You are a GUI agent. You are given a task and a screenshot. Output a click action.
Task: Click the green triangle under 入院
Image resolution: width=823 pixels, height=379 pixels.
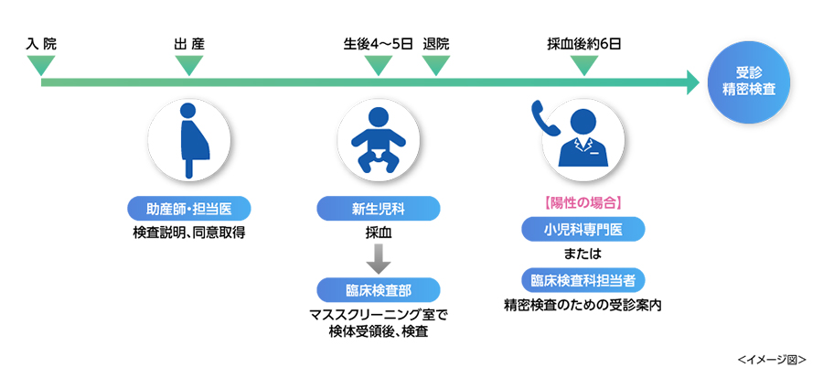(41, 66)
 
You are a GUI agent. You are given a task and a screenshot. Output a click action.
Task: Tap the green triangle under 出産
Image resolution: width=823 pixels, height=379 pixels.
(188, 66)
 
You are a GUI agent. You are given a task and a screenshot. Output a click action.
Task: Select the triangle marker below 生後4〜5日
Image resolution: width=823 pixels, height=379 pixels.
(378, 66)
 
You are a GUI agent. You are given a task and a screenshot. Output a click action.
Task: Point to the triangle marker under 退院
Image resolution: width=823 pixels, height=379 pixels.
(436, 66)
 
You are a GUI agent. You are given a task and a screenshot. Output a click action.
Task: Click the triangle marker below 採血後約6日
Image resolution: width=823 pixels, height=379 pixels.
(583, 66)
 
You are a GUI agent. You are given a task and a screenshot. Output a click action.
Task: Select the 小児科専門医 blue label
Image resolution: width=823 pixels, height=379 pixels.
(583, 228)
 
